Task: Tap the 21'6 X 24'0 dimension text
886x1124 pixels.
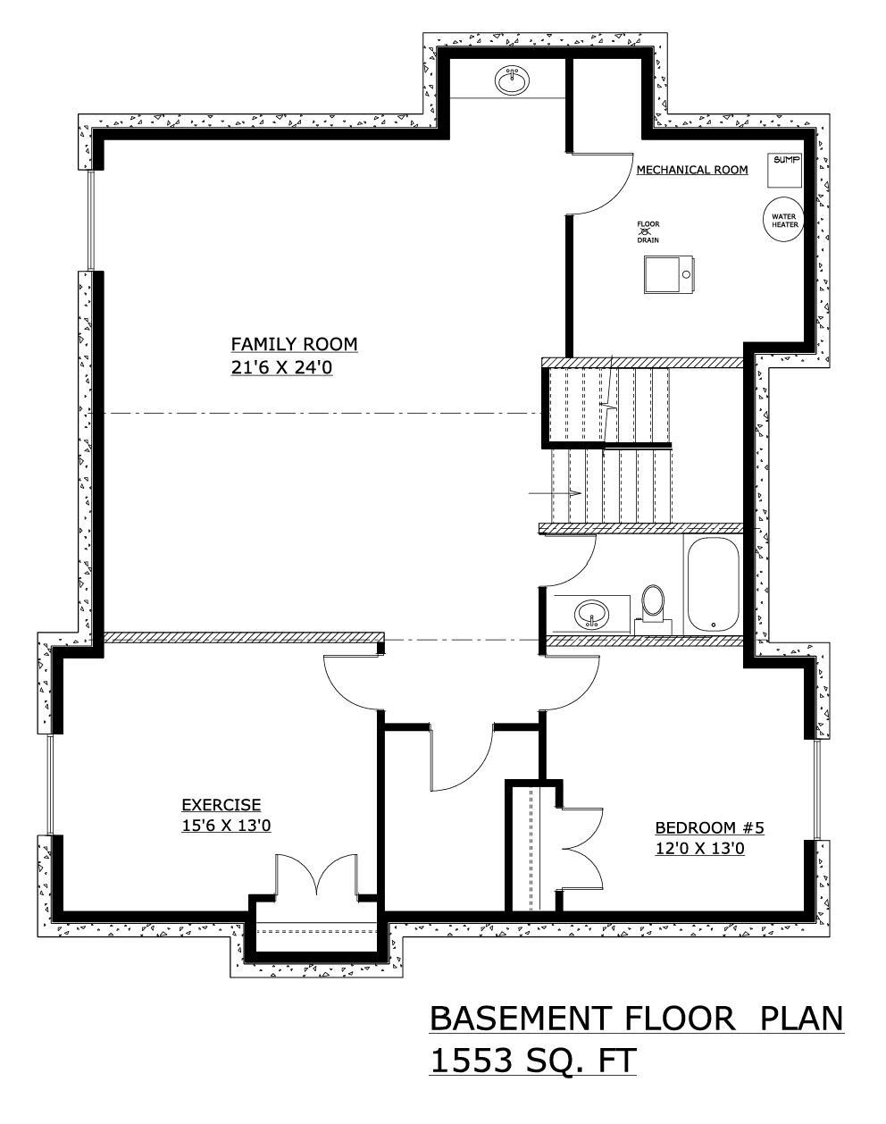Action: [x=281, y=367]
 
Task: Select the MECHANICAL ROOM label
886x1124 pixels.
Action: [x=692, y=170]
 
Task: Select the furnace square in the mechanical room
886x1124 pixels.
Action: [x=668, y=273]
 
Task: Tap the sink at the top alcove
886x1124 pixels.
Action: [x=513, y=80]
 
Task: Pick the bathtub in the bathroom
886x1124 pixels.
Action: [x=712, y=585]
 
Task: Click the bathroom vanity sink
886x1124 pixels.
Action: [x=591, y=614]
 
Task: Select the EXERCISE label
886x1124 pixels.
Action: [x=221, y=805]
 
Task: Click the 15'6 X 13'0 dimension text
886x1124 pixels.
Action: [x=226, y=826]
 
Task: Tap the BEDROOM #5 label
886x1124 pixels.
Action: [x=709, y=827]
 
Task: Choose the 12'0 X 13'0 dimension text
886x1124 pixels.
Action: [x=700, y=849]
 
